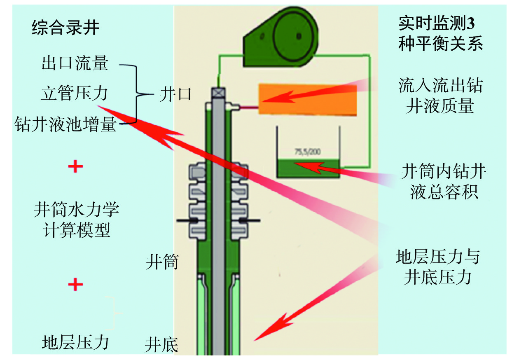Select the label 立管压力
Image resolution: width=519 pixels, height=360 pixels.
click(x=75, y=94)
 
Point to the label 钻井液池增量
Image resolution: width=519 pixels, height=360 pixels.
click(x=66, y=124)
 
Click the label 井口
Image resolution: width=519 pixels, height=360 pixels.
click(x=175, y=95)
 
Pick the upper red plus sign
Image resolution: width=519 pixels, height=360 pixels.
click(x=75, y=166)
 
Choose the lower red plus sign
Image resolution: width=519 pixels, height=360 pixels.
click(x=75, y=284)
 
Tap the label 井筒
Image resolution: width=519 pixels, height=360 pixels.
click(x=162, y=262)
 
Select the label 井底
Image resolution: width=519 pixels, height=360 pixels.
click(x=161, y=344)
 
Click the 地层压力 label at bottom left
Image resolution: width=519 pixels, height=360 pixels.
click(x=75, y=342)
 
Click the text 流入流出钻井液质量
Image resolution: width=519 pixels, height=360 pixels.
click(x=440, y=96)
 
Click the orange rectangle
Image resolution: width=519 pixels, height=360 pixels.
click(x=307, y=99)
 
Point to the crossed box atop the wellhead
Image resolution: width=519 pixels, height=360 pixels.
click(x=217, y=94)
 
